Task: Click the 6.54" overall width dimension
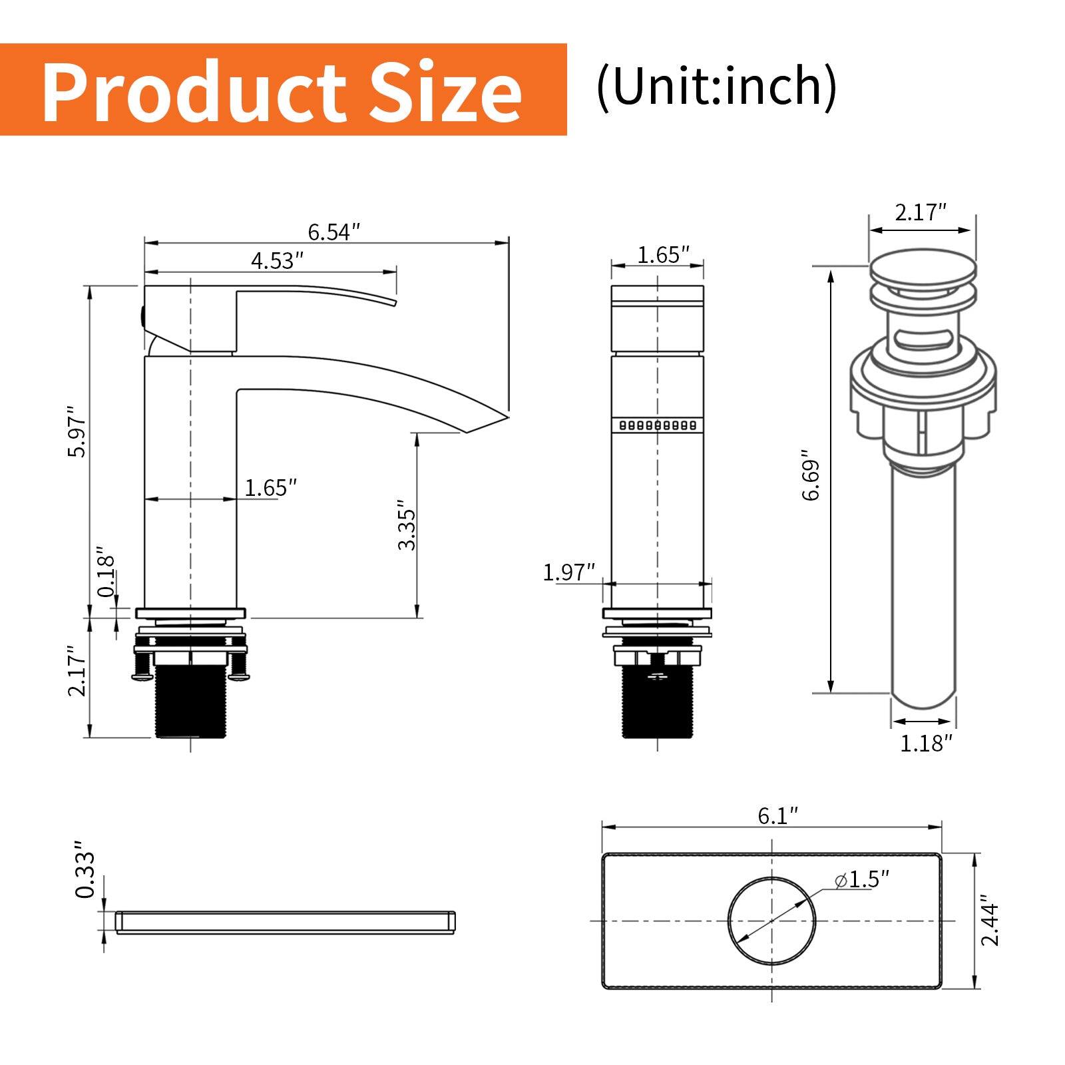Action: pyautogui.click(x=333, y=232)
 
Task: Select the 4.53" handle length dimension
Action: pyautogui.click(x=277, y=260)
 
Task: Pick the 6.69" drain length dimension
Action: pyautogui.click(x=811, y=476)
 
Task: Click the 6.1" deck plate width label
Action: pyautogui.click(x=777, y=815)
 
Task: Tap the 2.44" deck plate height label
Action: pyautogui.click(x=990, y=923)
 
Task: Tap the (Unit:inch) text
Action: pyautogui.click(x=716, y=87)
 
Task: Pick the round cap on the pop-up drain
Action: pyautogui.click(x=923, y=274)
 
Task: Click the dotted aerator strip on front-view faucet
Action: pyautogui.click(x=657, y=425)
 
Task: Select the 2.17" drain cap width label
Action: pyautogui.click(x=921, y=214)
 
